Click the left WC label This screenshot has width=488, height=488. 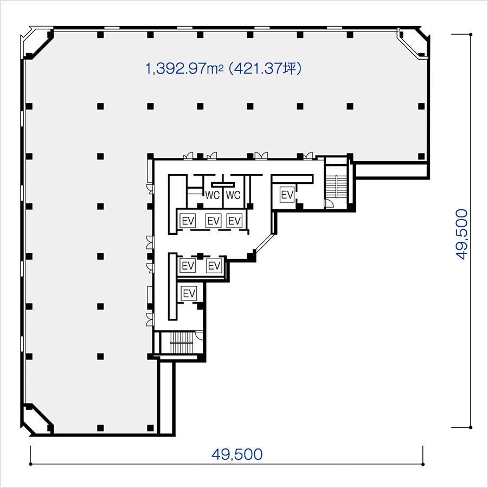(x=212, y=195)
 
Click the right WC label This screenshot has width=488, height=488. (x=233, y=195)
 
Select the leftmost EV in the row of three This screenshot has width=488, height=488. (x=188, y=221)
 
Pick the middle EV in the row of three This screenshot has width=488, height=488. (x=214, y=221)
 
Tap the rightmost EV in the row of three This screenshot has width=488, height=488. (x=234, y=221)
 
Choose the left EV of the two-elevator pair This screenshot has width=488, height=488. (x=188, y=266)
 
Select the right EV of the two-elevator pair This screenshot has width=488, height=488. (x=214, y=266)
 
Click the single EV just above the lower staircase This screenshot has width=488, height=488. (x=189, y=293)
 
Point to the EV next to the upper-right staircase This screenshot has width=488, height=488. (x=287, y=195)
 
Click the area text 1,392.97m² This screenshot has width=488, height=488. (x=184, y=68)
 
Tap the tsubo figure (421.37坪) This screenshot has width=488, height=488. (x=265, y=68)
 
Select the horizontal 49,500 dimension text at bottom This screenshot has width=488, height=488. (x=237, y=454)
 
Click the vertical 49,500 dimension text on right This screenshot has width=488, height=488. (x=462, y=234)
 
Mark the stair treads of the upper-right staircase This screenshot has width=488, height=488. (x=336, y=186)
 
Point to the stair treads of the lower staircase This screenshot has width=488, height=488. (x=182, y=342)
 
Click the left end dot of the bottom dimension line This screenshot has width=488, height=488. (x=30, y=464)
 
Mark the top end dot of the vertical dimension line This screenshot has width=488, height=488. (x=471, y=35)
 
